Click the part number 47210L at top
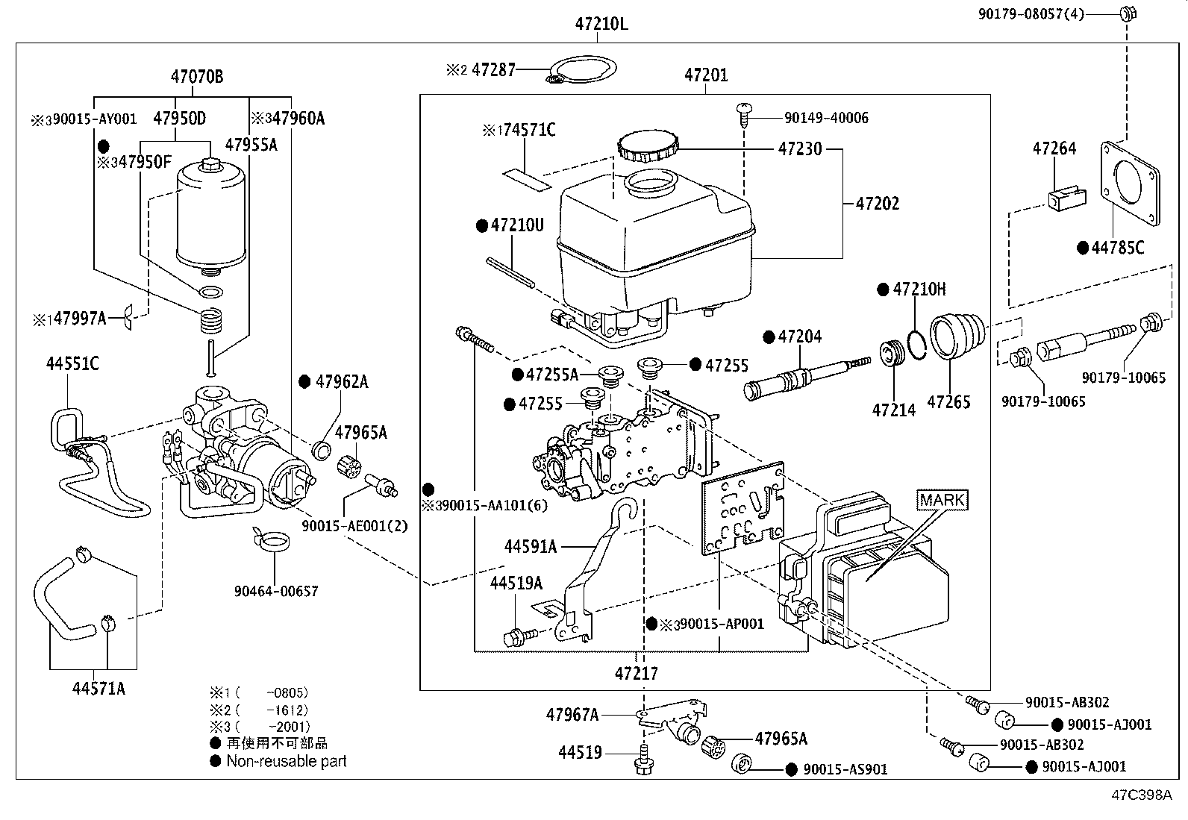[x=601, y=24]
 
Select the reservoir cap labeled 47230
[x=647, y=145]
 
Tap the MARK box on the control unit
[x=942, y=500]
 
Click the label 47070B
[x=196, y=76]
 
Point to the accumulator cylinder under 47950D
[x=211, y=216]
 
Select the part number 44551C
[x=72, y=364]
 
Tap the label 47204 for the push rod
[x=799, y=337]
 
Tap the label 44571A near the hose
[x=99, y=688]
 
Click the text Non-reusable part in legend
[x=287, y=761]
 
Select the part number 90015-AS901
[x=845, y=769]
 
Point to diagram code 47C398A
[x=1139, y=795]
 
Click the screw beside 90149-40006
[x=743, y=114]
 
